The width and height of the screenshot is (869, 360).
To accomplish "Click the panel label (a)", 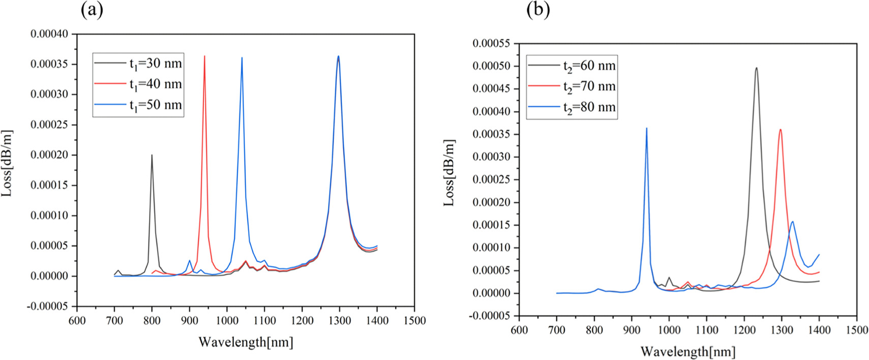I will pyautogui.click(x=92, y=10).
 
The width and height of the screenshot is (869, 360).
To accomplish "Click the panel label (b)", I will pyautogui.click(x=538, y=10).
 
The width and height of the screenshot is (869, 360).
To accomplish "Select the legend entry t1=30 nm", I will pyautogui.click(x=155, y=64).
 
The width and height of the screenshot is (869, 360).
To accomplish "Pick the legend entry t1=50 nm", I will pyautogui.click(x=155, y=105).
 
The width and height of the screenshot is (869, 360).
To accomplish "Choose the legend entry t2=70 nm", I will pyautogui.click(x=589, y=86).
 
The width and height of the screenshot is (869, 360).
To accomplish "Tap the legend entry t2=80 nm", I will pyautogui.click(x=589, y=107).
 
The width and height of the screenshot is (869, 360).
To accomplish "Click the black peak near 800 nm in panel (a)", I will pyautogui.click(x=152, y=156).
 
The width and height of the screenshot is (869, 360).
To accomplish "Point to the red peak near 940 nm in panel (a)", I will pyautogui.click(x=204, y=56).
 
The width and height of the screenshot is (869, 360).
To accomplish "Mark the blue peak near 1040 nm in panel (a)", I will pyautogui.click(x=242, y=58).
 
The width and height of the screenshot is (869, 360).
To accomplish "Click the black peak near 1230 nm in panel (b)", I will pyautogui.click(x=756, y=68).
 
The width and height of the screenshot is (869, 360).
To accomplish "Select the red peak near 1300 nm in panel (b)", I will pyautogui.click(x=780, y=130).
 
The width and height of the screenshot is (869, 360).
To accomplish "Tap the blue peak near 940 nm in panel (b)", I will pyautogui.click(x=646, y=129).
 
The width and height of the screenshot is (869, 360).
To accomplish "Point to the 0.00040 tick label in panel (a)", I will pyautogui.click(x=49, y=34).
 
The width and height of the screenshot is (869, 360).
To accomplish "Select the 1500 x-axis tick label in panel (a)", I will pyautogui.click(x=414, y=320).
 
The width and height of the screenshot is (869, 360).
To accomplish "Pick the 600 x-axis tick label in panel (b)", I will pyautogui.click(x=519, y=330).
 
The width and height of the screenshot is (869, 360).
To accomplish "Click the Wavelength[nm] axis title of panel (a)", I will pyautogui.click(x=246, y=342).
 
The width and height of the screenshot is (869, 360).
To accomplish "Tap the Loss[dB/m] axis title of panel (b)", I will pyautogui.click(x=449, y=173).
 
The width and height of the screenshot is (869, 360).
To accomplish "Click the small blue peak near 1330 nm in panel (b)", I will pyautogui.click(x=792, y=222).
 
